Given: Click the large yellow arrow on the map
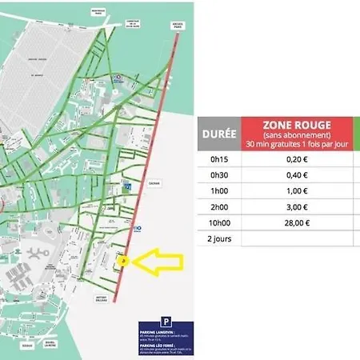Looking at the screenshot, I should (161, 262).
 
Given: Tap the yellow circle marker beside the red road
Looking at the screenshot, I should (122, 260).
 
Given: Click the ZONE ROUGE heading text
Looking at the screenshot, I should (297, 124).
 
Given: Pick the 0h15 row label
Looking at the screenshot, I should (218, 159).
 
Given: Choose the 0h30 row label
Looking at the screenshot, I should (218, 175).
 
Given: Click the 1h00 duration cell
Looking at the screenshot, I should (218, 191).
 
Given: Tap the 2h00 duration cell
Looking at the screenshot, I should (218, 206).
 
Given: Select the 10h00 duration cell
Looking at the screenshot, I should (218, 222).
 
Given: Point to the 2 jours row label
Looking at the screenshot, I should (218, 238).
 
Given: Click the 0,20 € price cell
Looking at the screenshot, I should (297, 159).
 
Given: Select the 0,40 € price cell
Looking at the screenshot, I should (297, 175).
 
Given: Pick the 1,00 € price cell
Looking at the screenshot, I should (297, 191).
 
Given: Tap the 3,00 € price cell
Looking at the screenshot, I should (297, 206).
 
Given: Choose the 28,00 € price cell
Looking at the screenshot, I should (297, 222).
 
